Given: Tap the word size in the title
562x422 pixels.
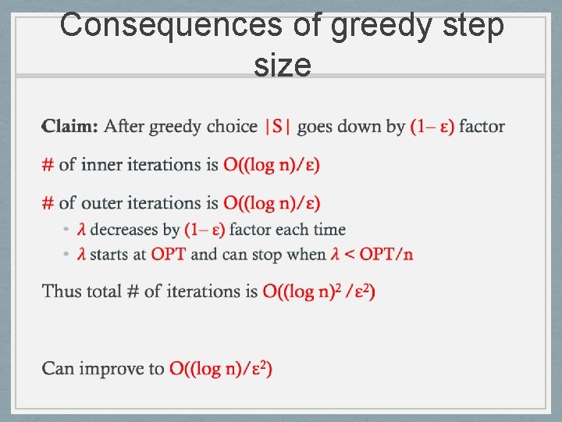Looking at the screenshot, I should click(x=283, y=65).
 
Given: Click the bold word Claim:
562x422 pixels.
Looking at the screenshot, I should click(x=70, y=127).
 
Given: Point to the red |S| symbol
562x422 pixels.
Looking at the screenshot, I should click(x=278, y=127).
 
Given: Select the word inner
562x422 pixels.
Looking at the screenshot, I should click(x=107, y=165).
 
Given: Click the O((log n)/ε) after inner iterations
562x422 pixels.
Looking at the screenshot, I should click(x=272, y=165).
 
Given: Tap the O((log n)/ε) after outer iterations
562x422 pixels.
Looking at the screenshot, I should click(x=272, y=203).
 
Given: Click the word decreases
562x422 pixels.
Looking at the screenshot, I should click(x=124, y=230).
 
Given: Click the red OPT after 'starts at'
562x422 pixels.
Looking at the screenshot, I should click(x=169, y=254).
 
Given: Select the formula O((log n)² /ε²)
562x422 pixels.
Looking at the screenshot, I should click(x=318, y=291).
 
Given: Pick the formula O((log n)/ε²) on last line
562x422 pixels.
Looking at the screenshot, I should click(x=221, y=368).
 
